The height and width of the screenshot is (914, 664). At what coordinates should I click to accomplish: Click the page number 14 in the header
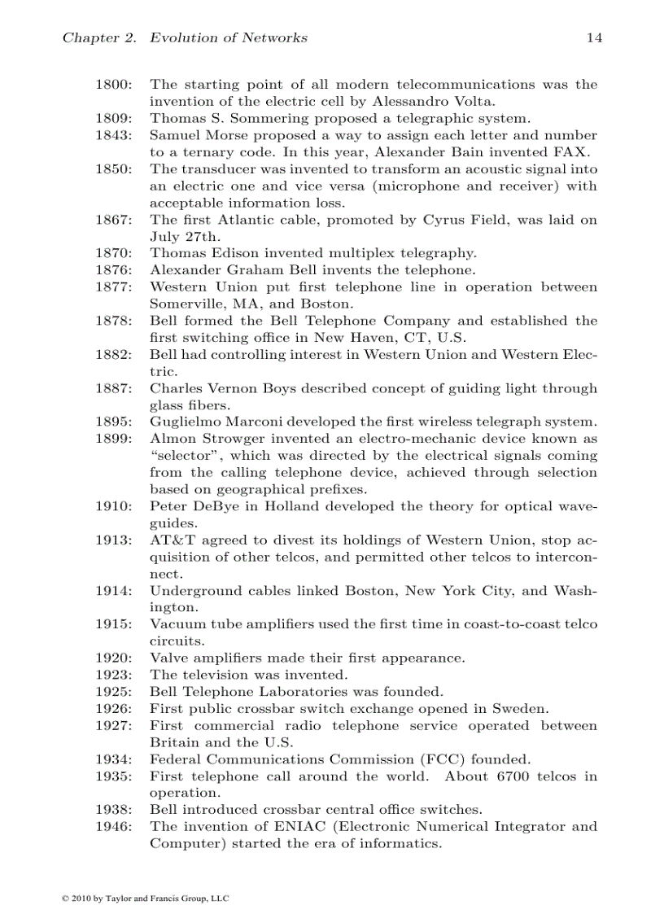(x=594, y=37)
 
